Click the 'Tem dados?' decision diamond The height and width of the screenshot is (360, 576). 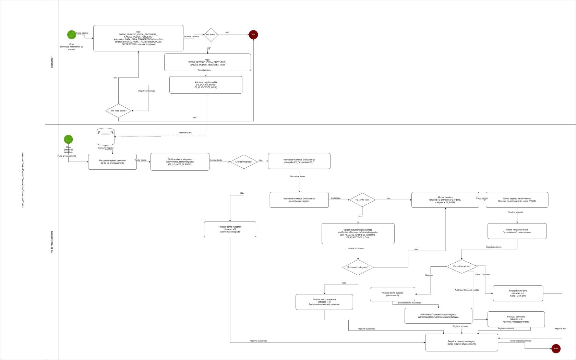click(x=211, y=35)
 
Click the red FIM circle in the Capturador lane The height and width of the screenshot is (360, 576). click(x=253, y=35)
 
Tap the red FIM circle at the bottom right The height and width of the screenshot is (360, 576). click(x=556, y=348)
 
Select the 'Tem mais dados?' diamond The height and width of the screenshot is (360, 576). click(x=118, y=111)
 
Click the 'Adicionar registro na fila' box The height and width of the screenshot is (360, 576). click(x=206, y=85)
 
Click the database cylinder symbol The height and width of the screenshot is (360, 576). click(x=106, y=136)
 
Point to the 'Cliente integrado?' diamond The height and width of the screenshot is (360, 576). click(x=244, y=161)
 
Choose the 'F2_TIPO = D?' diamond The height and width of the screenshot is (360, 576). click(x=362, y=200)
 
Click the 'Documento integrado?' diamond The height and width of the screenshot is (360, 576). click(x=358, y=267)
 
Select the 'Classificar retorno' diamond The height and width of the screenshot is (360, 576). click(x=461, y=266)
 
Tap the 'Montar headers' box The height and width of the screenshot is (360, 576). click(x=445, y=200)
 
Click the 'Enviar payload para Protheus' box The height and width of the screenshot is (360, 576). click(x=517, y=200)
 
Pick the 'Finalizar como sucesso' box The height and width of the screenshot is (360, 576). click(x=392, y=294)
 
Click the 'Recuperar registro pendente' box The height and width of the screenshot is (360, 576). click(x=112, y=162)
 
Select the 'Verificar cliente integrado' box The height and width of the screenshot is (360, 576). click(x=180, y=162)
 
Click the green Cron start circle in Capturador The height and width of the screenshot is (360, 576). click(x=71, y=35)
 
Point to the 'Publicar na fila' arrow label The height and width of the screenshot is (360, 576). click(x=185, y=133)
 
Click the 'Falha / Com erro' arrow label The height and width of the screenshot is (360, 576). click(x=482, y=275)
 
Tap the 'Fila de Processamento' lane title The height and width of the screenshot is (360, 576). click(x=52, y=242)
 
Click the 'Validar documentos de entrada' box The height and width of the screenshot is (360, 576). click(x=358, y=233)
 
